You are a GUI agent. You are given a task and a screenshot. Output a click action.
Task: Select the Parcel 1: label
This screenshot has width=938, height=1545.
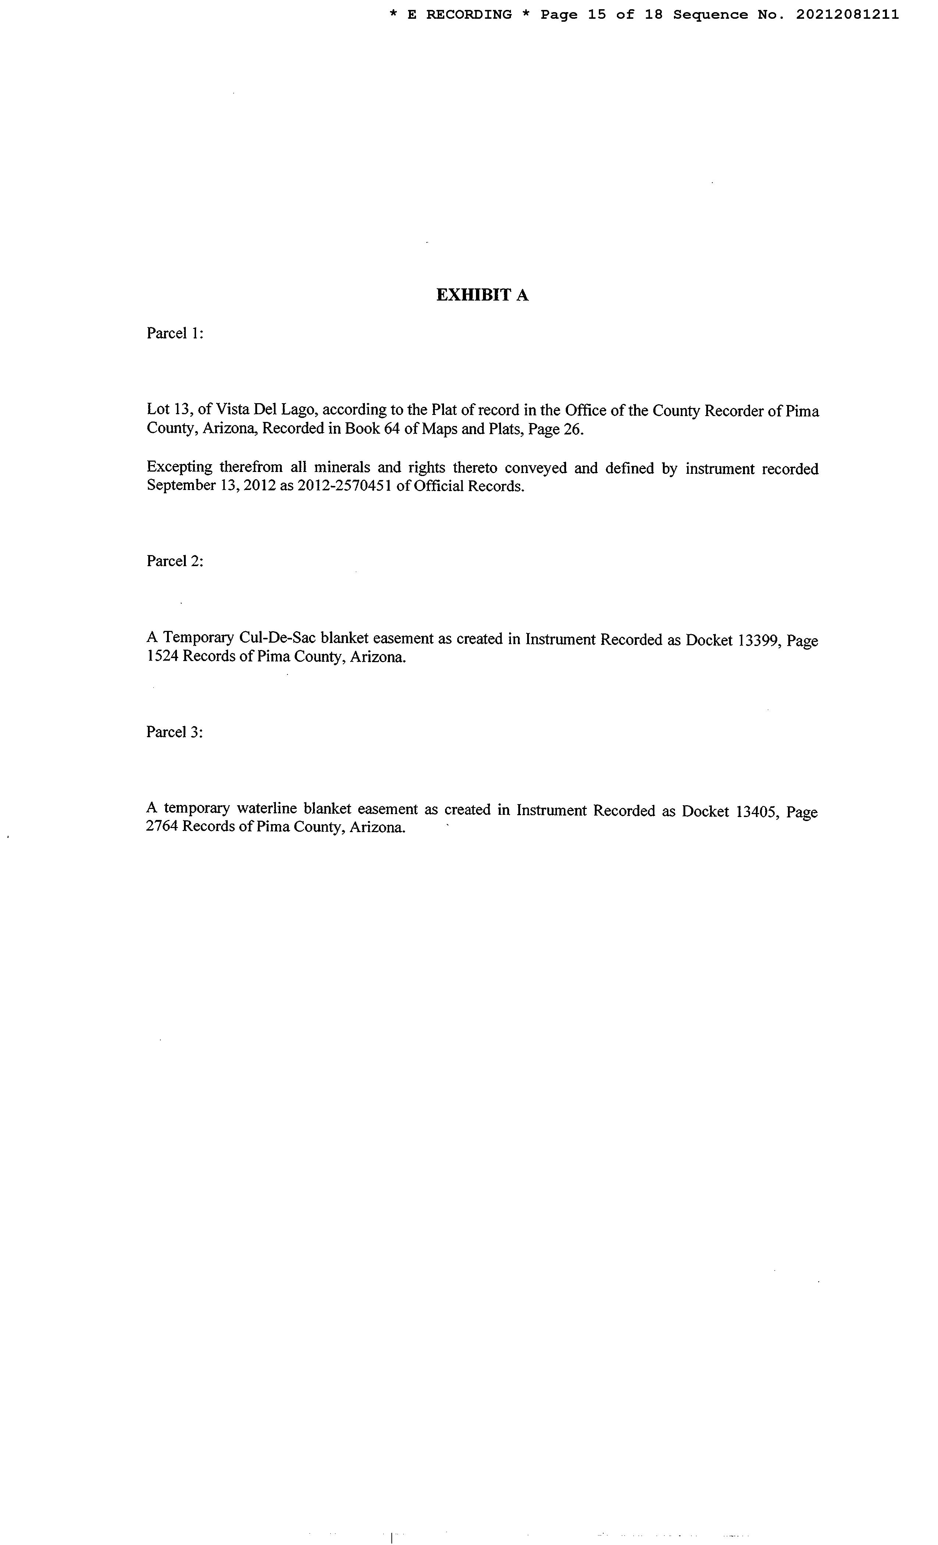pyautogui.click(x=175, y=334)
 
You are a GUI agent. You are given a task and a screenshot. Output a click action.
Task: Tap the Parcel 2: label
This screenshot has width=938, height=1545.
pyautogui.click(x=175, y=561)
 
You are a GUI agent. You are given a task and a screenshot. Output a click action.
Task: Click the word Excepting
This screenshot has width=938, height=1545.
pyautogui.click(x=180, y=468)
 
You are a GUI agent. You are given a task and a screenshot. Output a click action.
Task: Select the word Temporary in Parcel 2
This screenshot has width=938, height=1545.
pyautogui.click(x=198, y=639)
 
